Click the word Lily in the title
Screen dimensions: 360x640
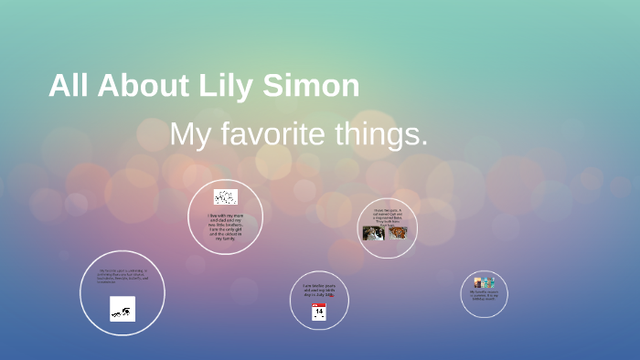pyautogui.click(x=227, y=86)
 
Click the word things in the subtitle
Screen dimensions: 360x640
pyautogui.click(x=383, y=135)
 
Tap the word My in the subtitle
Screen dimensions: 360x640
pyautogui.click(x=190, y=135)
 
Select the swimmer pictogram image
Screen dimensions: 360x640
pyautogui.click(x=123, y=309)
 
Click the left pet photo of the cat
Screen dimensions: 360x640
pyautogui.click(x=373, y=233)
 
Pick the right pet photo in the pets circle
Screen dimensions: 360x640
pyautogui.click(x=397, y=232)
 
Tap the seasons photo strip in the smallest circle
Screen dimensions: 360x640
pyautogui.click(x=484, y=283)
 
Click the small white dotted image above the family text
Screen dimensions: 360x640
pyautogui.click(x=225, y=197)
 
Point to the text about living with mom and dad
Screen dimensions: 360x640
pyautogui.click(x=225, y=225)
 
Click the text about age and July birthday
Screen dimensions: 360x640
pyautogui.click(x=317, y=291)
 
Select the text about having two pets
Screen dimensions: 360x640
pyautogui.click(x=388, y=216)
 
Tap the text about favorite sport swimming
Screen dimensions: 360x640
pyautogui.click(x=122, y=277)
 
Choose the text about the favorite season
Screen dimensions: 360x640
pyautogui.click(x=484, y=296)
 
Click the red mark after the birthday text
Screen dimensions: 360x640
pyautogui.click(x=331, y=296)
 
